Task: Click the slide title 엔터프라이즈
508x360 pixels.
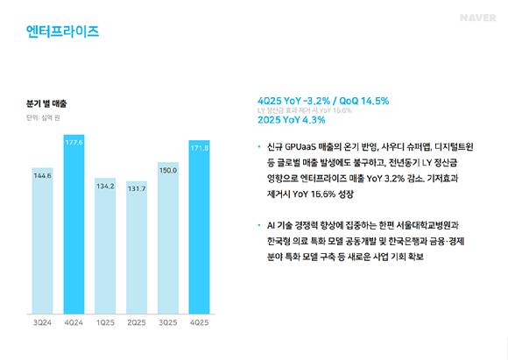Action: tap(63, 32)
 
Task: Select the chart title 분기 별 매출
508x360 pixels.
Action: tap(46, 103)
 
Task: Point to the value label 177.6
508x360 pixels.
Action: tap(74, 141)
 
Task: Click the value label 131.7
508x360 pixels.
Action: tap(138, 187)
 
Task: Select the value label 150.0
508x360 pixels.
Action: tap(169, 170)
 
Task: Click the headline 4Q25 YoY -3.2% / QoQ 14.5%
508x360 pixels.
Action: tap(322, 101)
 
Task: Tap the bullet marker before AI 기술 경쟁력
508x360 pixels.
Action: tap(259, 224)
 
